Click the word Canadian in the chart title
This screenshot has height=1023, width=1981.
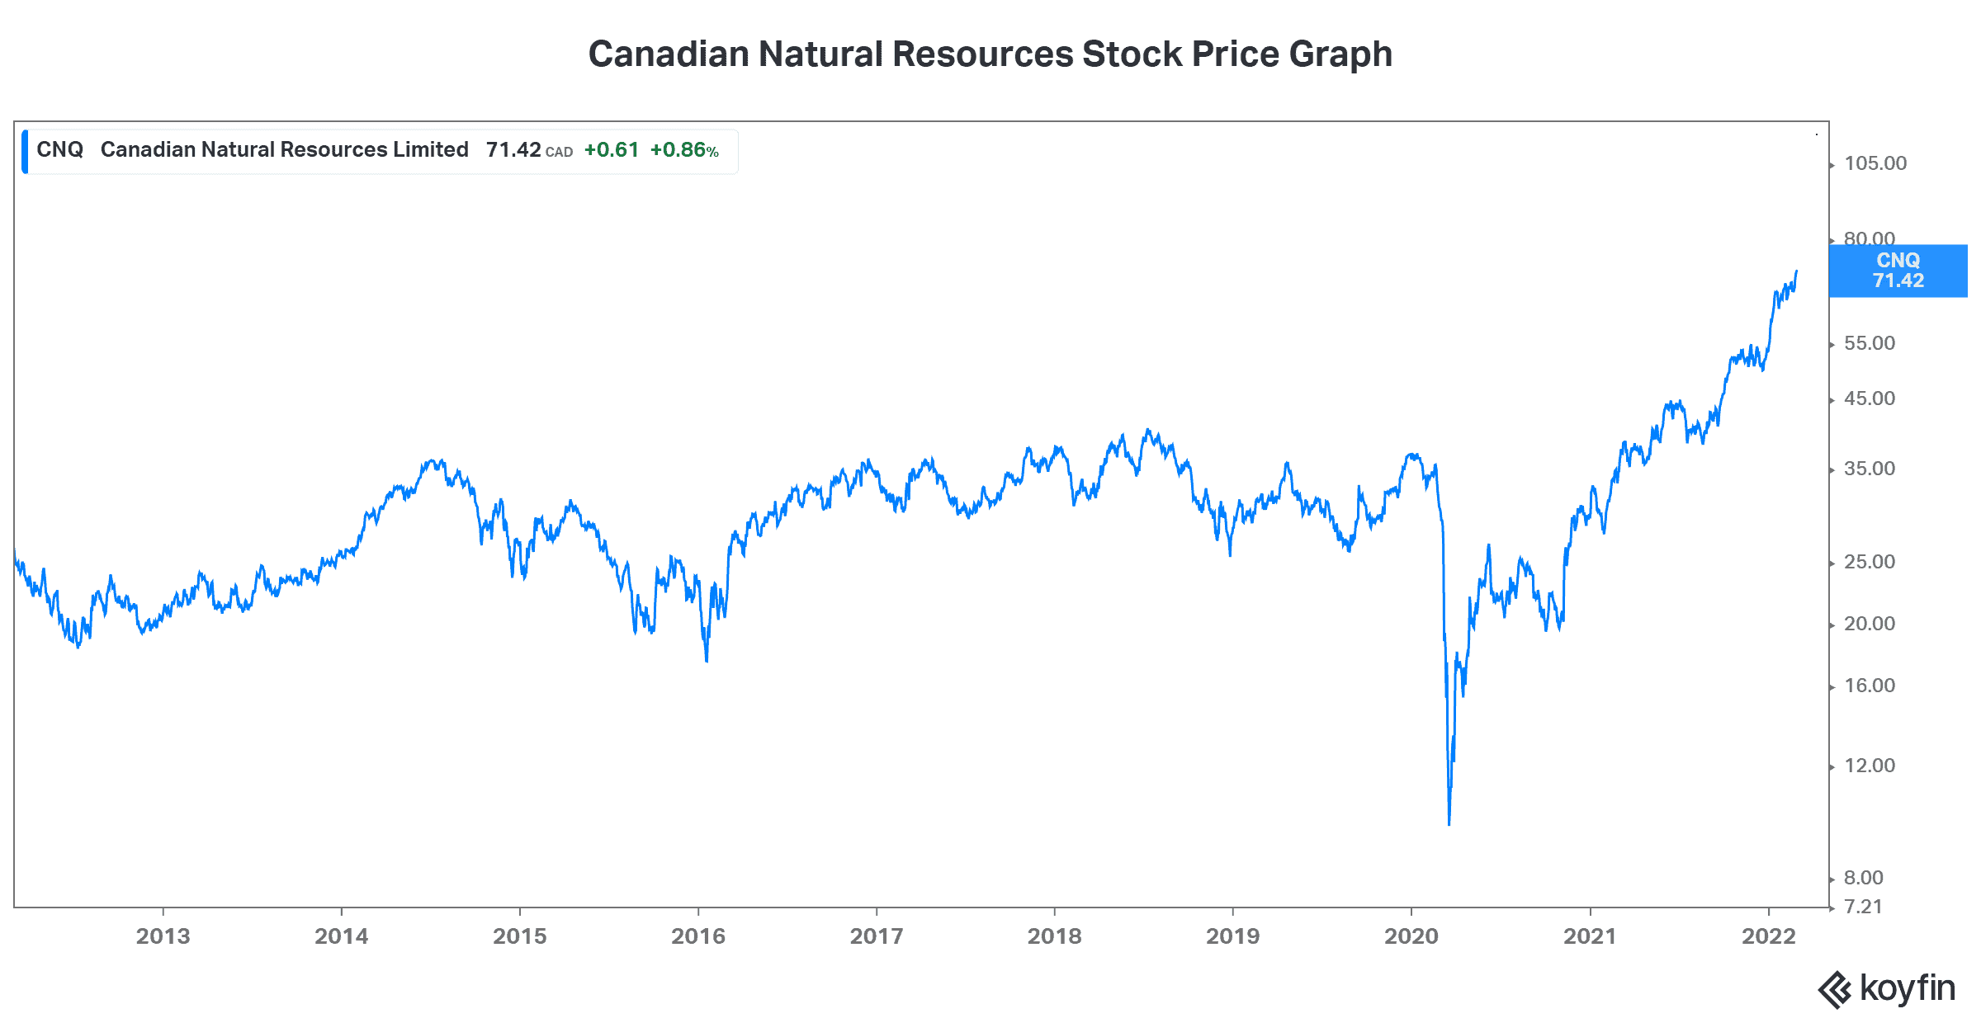(669, 54)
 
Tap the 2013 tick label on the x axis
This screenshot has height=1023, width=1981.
(163, 936)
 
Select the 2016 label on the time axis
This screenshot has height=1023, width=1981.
(697, 936)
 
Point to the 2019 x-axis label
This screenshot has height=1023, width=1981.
(1232, 936)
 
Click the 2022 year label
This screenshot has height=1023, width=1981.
(1768, 936)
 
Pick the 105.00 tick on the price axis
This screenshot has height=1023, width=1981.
(1875, 163)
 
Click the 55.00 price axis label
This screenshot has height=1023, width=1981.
(1870, 343)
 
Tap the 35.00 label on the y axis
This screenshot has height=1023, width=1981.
(1870, 469)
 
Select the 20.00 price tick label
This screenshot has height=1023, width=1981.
(1870, 624)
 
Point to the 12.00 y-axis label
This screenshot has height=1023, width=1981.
(1870, 766)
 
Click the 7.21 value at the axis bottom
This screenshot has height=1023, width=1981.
(1863, 907)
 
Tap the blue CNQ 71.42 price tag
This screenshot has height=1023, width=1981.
(1898, 271)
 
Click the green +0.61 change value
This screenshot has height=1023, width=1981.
(611, 150)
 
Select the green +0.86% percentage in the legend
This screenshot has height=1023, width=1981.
(683, 150)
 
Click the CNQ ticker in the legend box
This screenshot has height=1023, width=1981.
(59, 149)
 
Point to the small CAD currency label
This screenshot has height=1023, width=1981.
(559, 153)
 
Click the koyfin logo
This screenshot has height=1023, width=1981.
(1886, 988)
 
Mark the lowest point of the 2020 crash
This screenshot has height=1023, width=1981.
(1449, 823)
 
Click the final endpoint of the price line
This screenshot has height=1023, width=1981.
(1796, 271)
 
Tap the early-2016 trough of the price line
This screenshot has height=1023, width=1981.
(707, 660)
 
